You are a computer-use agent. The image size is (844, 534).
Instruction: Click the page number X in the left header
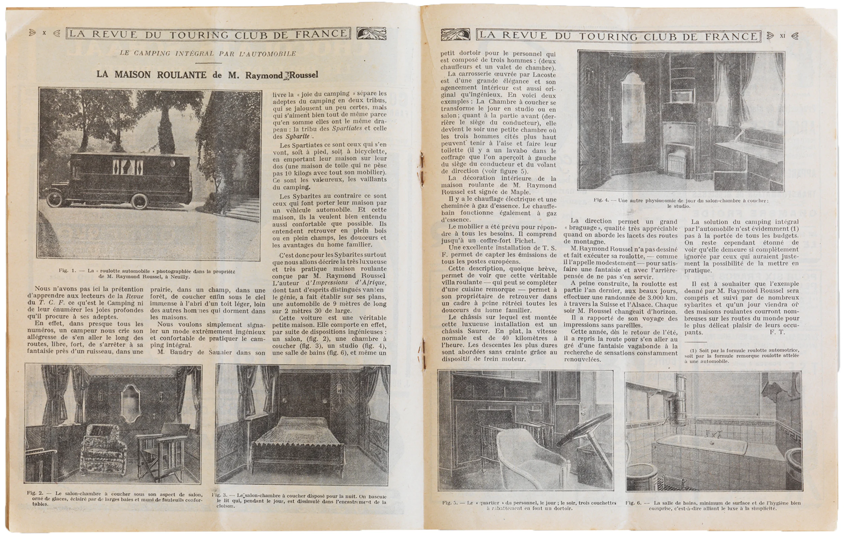tap(44, 33)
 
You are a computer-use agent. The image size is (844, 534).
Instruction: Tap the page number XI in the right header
tap(783, 35)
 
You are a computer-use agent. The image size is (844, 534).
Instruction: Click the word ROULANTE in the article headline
tap(181, 75)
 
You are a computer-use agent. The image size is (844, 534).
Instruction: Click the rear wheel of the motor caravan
tap(139, 201)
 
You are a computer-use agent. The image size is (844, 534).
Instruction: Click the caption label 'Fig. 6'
tap(634, 503)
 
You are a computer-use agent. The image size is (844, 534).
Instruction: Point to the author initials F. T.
tap(777, 332)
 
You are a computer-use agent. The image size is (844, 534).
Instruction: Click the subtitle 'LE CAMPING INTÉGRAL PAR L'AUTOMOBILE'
tap(208, 54)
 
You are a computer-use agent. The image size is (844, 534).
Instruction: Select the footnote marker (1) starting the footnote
tap(693, 350)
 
